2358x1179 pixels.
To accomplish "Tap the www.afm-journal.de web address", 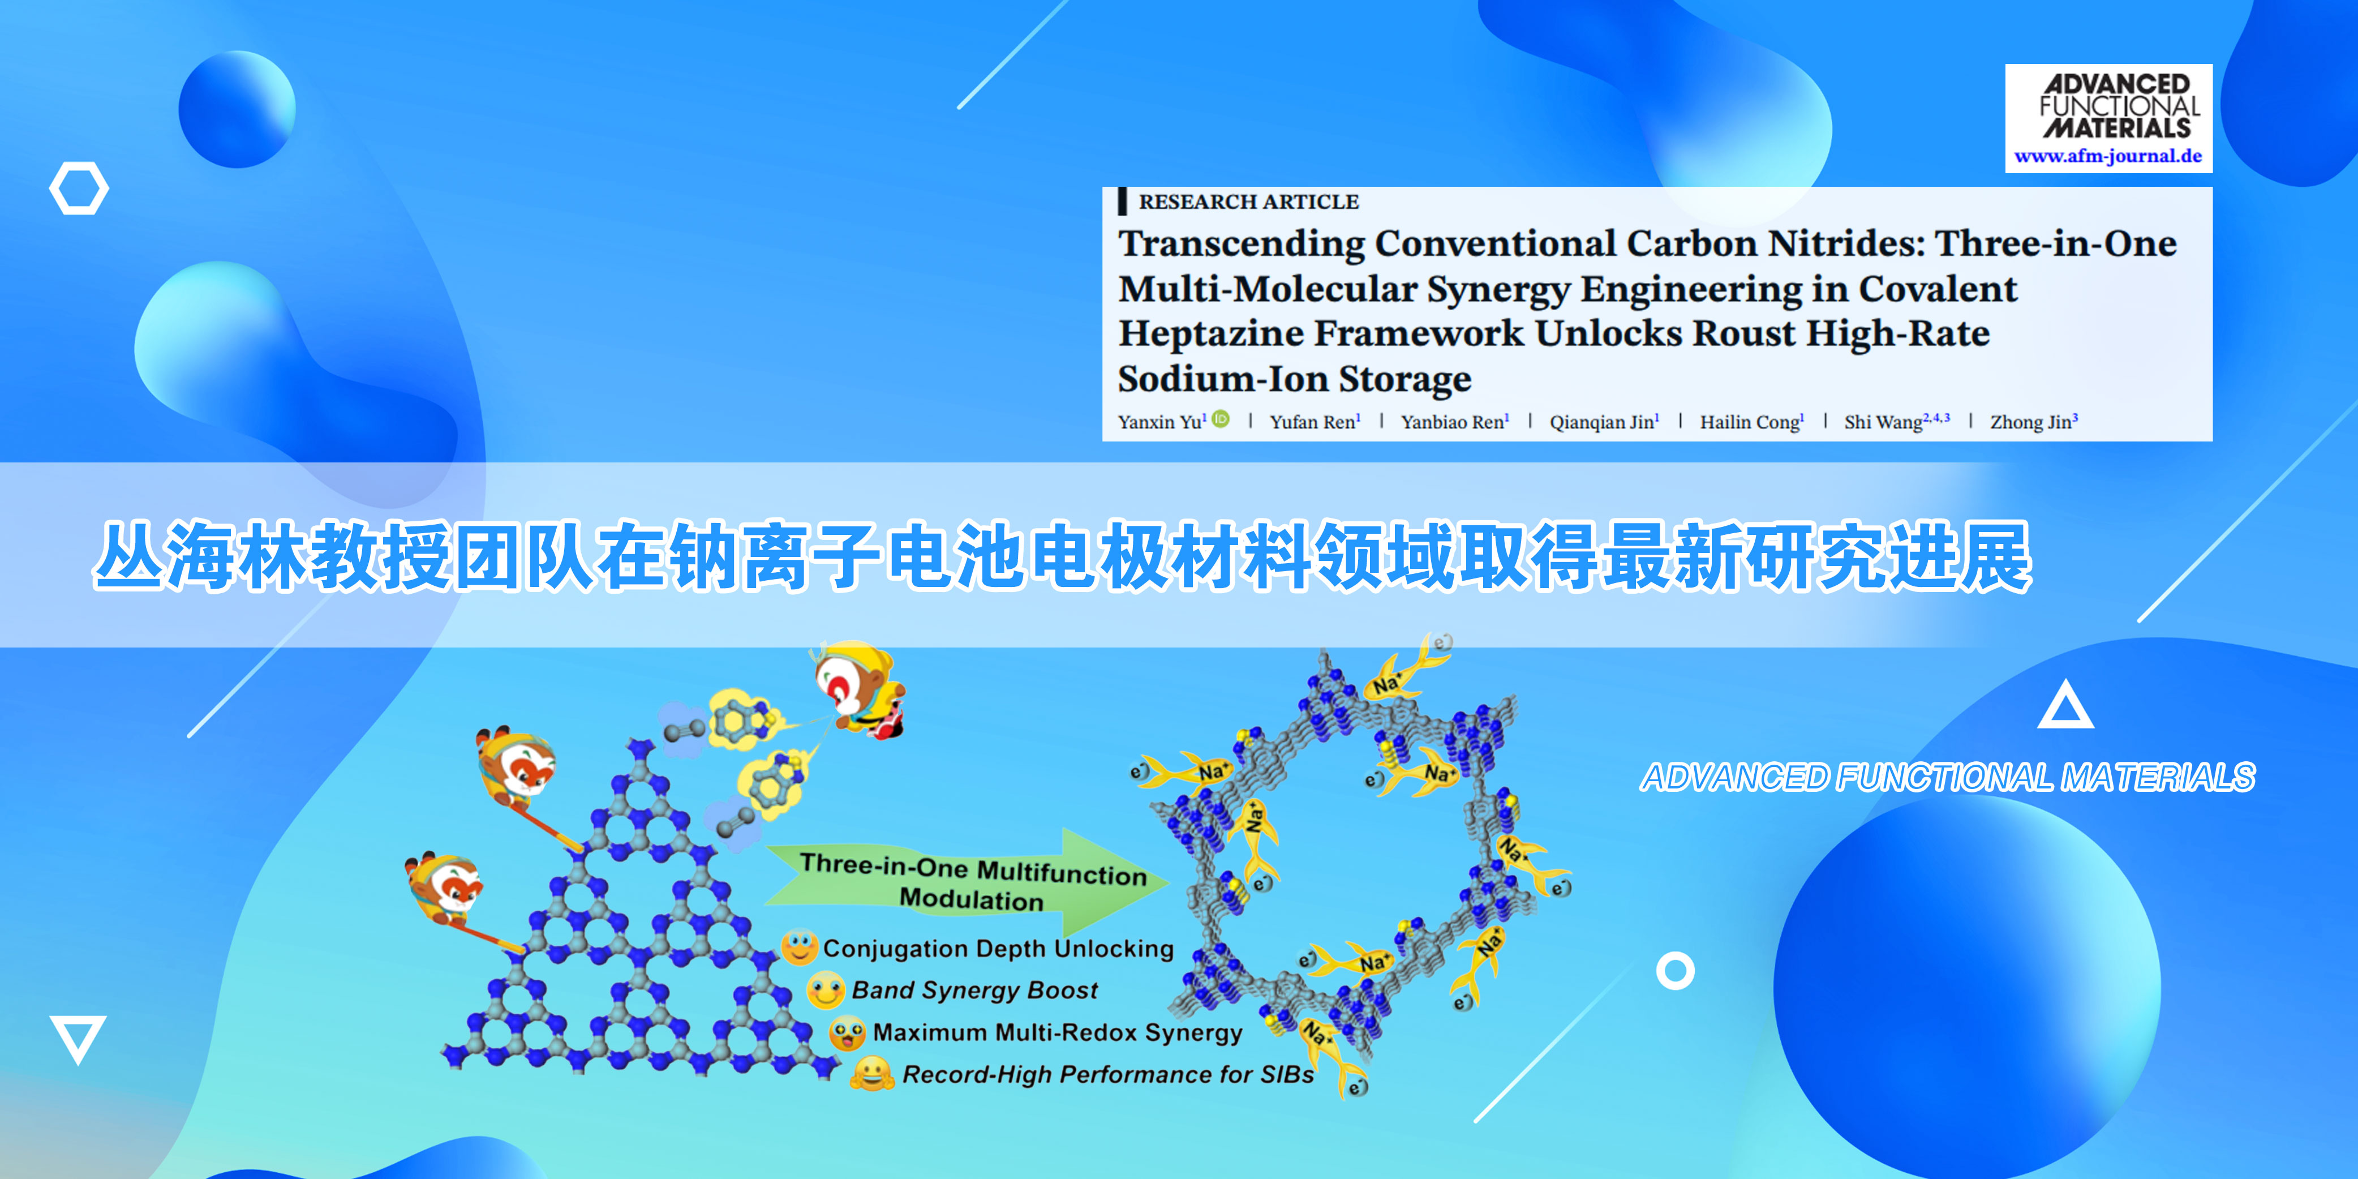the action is point(2108,156).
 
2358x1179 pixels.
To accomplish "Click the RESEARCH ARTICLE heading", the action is point(1248,201).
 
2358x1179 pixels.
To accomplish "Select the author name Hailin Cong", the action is point(1750,422).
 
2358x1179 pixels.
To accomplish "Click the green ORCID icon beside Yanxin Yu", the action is point(1220,419).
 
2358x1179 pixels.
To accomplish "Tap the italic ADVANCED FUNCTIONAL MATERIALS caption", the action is point(1948,777).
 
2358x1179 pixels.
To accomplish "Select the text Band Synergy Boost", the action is point(974,991).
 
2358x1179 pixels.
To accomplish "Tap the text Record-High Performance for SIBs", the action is point(1107,1075).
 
